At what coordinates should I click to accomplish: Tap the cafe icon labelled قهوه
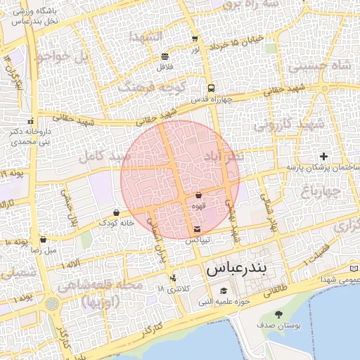pyautogui.click(x=198, y=195)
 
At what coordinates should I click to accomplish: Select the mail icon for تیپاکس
pyautogui.click(x=197, y=229)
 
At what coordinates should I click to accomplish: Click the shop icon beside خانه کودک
pyautogui.click(x=116, y=212)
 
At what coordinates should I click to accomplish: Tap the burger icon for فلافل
pyautogui.click(x=165, y=56)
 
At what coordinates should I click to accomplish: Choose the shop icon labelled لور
pyautogui.click(x=194, y=39)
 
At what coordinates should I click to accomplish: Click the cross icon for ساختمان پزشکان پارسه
pyautogui.click(x=323, y=155)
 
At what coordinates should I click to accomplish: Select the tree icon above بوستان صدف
pyautogui.click(x=279, y=314)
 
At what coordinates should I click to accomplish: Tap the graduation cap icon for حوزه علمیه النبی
pyautogui.click(x=224, y=291)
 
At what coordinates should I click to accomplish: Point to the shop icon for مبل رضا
pyautogui.click(x=43, y=239)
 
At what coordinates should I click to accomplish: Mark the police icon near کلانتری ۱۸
pyautogui.click(x=173, y=278)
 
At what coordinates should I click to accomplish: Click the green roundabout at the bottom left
pyautogui.click(x=52, y=304)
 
